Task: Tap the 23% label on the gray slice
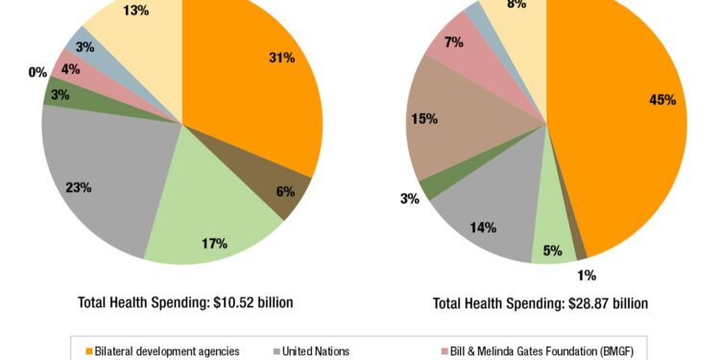pos(79,187)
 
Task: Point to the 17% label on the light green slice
pos(214,243)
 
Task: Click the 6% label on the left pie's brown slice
pos(285,191)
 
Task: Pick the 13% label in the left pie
pos(135,11)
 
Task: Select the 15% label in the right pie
pos(424,119)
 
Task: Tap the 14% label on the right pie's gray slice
pos(483,228)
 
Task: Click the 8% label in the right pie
pos(516,5)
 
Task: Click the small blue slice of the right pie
pos(472,11)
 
